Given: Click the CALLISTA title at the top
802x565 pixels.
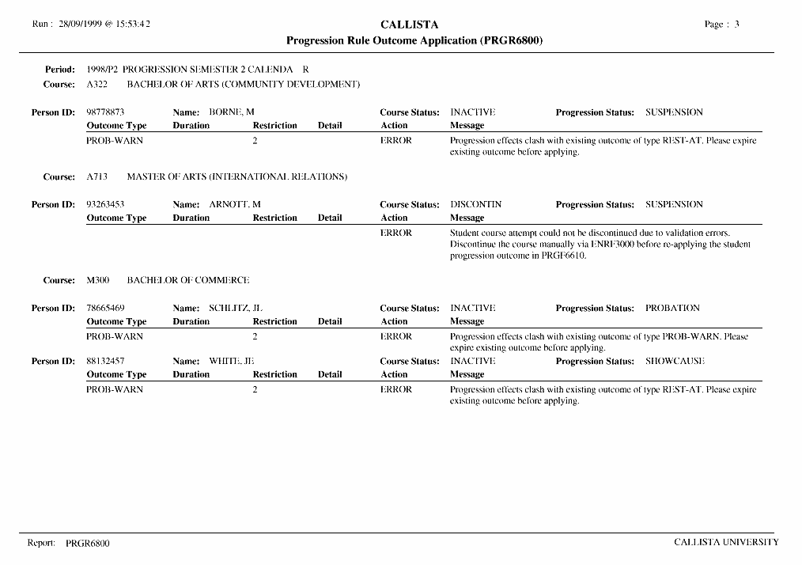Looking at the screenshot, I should pos(409,25).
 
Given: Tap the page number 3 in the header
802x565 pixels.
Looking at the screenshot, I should pos(736,24).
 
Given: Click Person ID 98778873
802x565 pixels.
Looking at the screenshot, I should pos(105,112).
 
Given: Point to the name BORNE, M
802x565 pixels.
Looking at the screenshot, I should pos(231,112).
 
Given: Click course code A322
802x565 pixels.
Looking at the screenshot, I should pos(96,84).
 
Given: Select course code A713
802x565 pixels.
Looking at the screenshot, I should pos(96,176).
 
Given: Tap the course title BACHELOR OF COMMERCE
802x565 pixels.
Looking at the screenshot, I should pos(188,280).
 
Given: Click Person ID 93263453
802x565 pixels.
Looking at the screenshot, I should pos(105,204).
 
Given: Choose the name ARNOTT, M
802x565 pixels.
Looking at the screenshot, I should pos(235,204).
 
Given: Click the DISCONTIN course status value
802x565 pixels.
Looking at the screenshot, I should pos(475,204).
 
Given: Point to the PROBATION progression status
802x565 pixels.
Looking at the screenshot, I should pos(672,308).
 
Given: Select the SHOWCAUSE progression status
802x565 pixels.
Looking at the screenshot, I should pos(675,361).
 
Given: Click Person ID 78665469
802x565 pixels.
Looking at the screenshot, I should pos(105,308).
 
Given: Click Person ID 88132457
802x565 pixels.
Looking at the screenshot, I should pos(105,361).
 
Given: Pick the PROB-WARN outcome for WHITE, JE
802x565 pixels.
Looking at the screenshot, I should pos(115,389).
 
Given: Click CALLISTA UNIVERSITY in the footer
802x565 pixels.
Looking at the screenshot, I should pos(726,542).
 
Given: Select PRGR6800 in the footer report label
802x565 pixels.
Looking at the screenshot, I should pos(88,544).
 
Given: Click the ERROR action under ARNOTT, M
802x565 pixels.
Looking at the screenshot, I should pos(396,233).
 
